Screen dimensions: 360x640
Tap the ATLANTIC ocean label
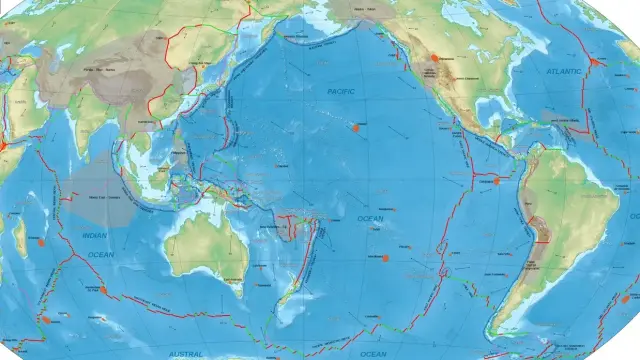(564, 72)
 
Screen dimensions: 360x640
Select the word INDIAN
(94, 236)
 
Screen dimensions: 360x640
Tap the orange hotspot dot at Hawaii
(358, 127)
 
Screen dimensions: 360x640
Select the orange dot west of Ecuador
(496, 181)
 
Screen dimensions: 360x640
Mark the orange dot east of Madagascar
(41, 242)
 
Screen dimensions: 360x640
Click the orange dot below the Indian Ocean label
(102, 288)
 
